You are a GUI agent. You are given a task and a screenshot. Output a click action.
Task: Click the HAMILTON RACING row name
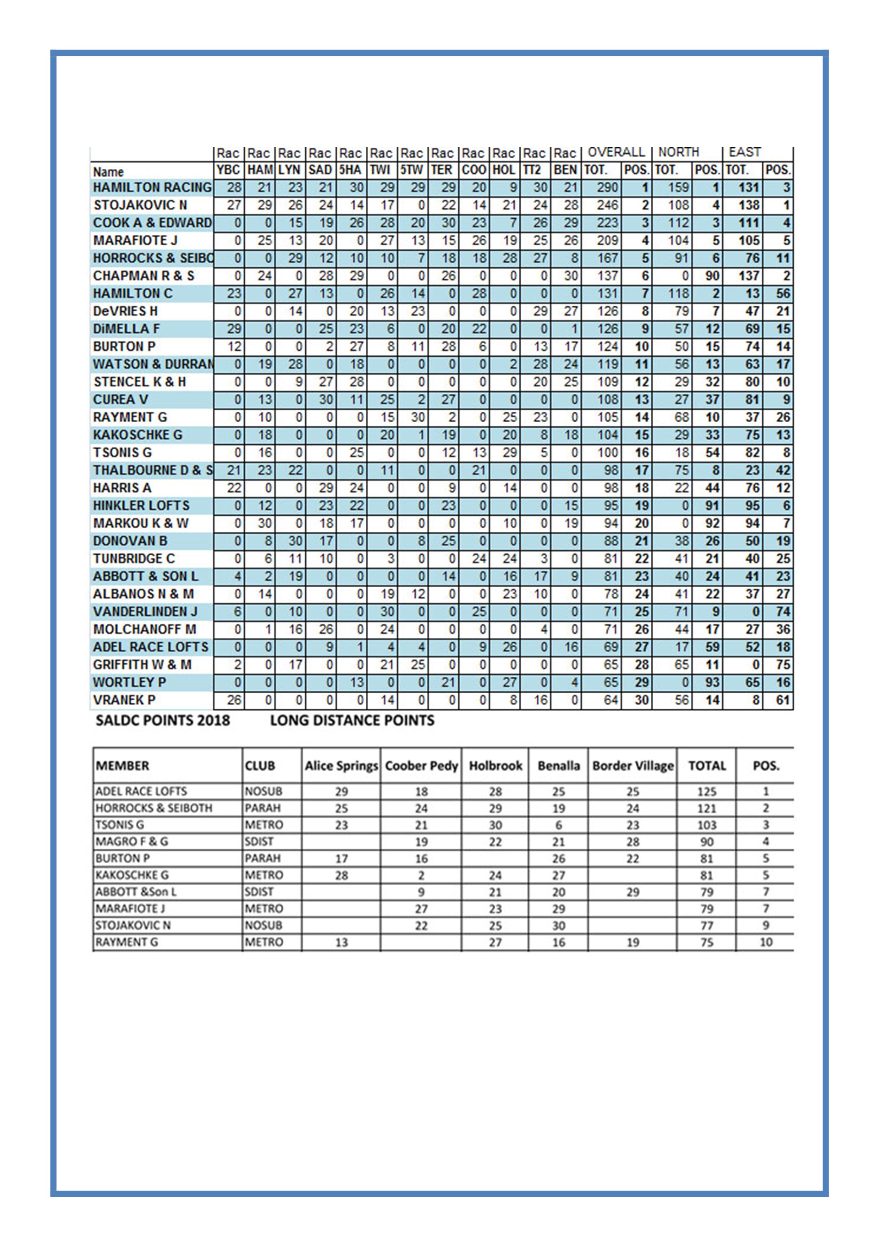pos(152,188)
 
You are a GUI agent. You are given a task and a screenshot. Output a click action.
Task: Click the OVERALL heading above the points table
pos(616,152)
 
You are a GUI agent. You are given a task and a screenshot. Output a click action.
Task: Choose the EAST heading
pos(744,152)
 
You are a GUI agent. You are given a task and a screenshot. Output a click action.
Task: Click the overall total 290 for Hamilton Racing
pos(607,188)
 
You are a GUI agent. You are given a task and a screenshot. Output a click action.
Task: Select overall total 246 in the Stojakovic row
pos(607,205)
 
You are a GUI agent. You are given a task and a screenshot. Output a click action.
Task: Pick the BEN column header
pos(565,170)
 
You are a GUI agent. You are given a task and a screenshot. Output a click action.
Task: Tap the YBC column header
pos(228,170)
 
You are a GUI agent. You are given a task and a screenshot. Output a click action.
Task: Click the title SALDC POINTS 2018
pos(163,720)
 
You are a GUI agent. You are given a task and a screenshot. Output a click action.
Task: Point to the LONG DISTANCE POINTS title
pos(352,720)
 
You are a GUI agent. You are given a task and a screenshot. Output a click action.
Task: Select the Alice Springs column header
pos(341,766)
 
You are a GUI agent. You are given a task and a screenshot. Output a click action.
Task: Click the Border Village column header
pos(632,766)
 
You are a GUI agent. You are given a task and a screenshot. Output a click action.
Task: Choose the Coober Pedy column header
pos(421,766)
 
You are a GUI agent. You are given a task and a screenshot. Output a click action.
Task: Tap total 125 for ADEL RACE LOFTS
pos(706,791)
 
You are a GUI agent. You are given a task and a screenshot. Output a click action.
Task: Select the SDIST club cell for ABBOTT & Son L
pos(259,892)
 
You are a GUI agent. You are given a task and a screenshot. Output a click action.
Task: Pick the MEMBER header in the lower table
pos(122,766)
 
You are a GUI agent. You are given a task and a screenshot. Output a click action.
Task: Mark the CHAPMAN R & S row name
pos(143,276)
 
